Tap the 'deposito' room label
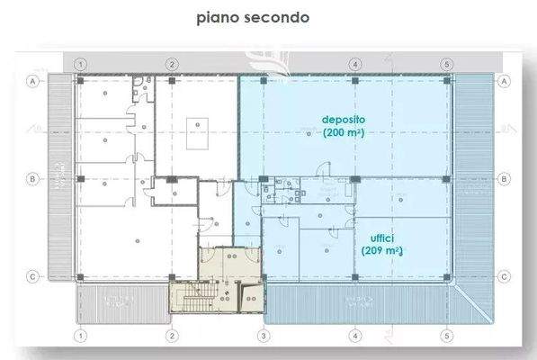pos(346,119)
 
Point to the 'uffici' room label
pos(380,238)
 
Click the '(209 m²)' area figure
pos(380,251)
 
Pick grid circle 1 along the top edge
pos(80,64)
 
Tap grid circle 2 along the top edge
pos(172,64)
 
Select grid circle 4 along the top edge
pos(355,64)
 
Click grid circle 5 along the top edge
pos(447,64)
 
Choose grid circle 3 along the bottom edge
pos(264,336)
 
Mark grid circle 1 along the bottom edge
pos(80,336)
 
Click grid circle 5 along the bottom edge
pos(447,336)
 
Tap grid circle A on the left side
pos(32,81)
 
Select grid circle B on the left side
pos(32,178)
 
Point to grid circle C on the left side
pos(32,276)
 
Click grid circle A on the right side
pos(505,81)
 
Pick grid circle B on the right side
pos(505,178)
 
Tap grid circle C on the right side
pos(505,276)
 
